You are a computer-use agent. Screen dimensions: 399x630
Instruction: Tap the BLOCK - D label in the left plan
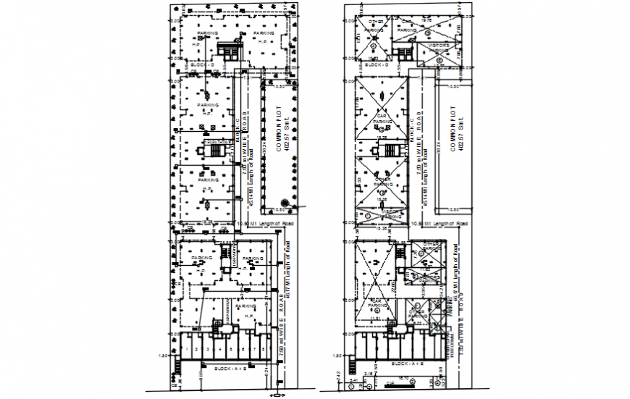203,65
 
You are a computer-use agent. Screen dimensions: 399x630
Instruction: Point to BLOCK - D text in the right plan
377,65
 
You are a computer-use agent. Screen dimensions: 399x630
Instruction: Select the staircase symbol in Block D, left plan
231,50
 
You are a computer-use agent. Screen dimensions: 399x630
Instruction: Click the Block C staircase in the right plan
390,151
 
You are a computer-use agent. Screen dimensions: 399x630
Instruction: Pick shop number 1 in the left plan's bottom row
186,350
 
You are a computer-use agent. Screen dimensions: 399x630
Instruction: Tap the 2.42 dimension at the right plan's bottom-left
340,374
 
